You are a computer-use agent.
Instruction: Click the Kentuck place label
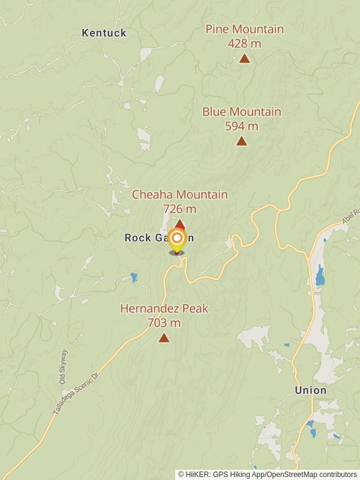click(104, 33)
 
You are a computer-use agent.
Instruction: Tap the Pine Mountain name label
click(244, 29)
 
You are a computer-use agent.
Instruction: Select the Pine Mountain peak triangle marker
click(244, 58)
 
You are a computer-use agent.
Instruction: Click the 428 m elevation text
click(244, 43)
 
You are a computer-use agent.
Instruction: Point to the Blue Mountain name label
click(241, 112)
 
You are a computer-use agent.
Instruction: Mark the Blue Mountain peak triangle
click(241, 141)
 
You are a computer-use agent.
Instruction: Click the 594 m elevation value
click(241, 126)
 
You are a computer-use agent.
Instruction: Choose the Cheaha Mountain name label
click(179, 194)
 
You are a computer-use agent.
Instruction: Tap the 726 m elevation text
click(179, 209)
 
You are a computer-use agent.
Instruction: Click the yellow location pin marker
click(177, 240)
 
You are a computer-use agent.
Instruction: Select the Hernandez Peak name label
click(164, 308)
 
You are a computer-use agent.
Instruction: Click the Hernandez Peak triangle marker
click(164, 338)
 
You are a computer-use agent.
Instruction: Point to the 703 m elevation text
click(164, 323)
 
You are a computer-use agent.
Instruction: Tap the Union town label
click(310, 391)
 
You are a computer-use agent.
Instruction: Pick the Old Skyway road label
click(63, 367)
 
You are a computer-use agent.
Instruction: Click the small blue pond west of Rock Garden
click(133, 277)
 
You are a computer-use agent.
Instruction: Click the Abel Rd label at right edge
click(351, 215)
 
